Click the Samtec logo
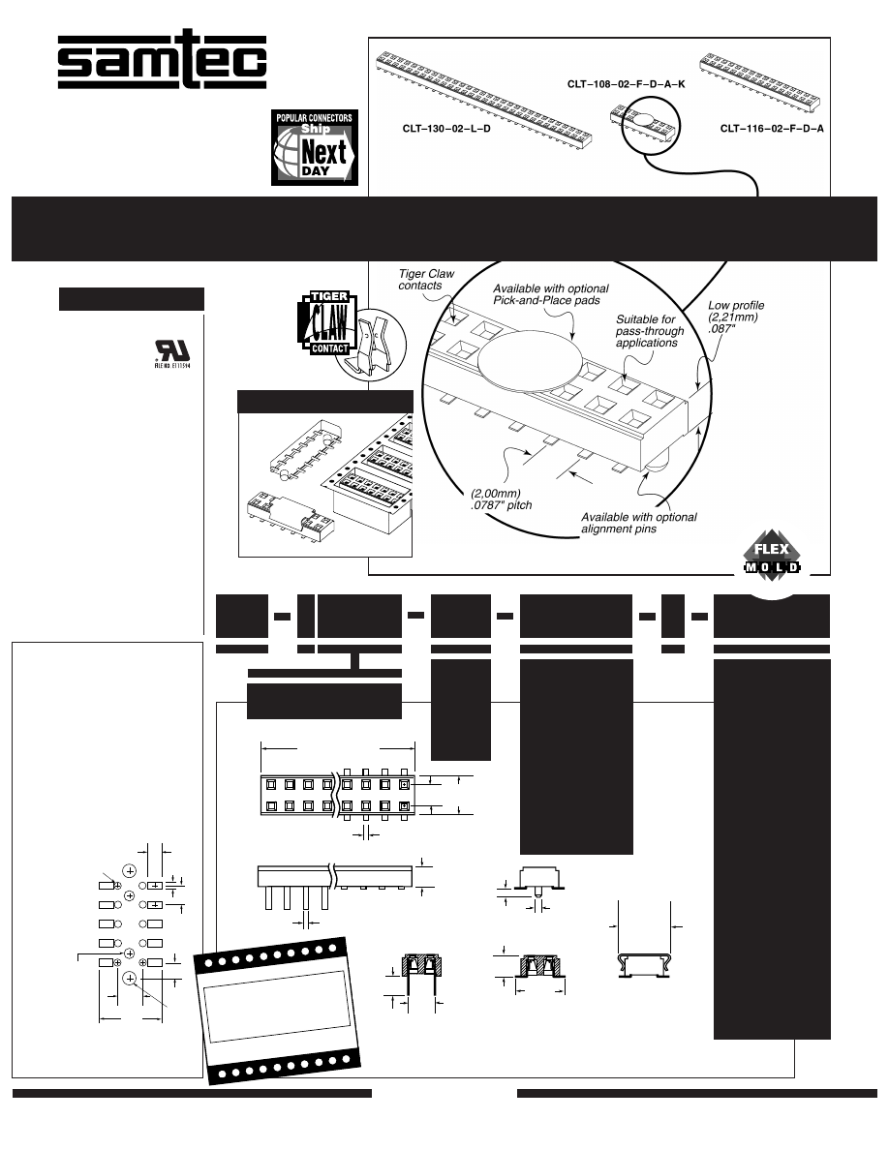tap(161, 65)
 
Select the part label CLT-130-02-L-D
tap(446, 129)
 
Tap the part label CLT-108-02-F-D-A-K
tap(626, 84)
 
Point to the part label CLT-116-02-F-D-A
tap(772, 129)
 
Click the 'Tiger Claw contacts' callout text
tap(427, 281)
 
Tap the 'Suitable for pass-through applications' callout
tap(650, 330)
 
